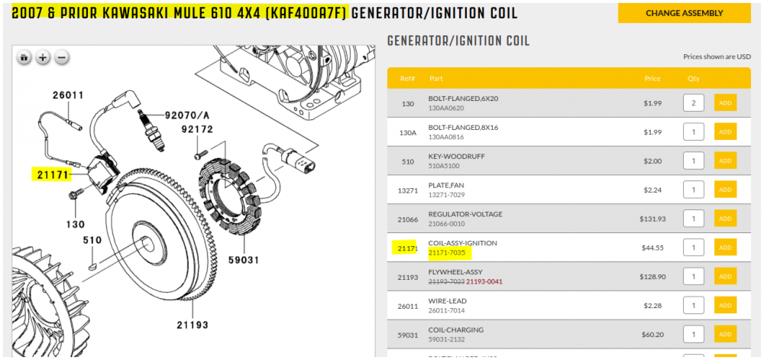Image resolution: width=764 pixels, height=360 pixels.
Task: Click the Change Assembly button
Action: pyautogui.click(x=684, y=13)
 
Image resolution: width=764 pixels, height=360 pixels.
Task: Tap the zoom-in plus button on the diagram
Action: pyautogui.click(x=44, y=57)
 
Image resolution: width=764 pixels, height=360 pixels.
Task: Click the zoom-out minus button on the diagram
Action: pyautogui.click(x=61, y=57)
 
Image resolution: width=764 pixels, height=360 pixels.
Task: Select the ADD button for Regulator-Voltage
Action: pyautogui.click(x=725, y=219)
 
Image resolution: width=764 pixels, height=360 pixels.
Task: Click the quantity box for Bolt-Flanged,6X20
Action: pyautogui.click(x=694, y=102)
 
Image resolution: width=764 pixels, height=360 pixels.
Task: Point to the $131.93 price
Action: pyautogui.click(x=650, y=219)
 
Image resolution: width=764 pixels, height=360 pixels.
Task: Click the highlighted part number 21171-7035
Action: pyautogui.click(x=447, y=253)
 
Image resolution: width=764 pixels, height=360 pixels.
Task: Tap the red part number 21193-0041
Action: pyautogui.click(x=484, y=281)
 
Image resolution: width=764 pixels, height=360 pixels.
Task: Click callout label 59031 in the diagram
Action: pyautogui.click(x=244, y=260)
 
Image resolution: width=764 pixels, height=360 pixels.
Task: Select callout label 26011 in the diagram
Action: pyautogui.click(x=68, y=96)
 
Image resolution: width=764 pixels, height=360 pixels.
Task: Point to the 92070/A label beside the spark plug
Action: pyautogui.click(x=187, y=115)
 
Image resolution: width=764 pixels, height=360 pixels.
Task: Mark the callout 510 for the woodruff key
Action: pyautogui.click(x=92, y=240)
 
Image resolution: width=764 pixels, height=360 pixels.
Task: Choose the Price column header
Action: pyautogui.click(x=652, y=79)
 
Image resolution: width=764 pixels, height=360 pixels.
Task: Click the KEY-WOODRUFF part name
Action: pyautogui.click(x=457, y=157)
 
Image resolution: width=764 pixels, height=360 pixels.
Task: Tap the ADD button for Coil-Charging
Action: pyautogui.click(x=725, y=334)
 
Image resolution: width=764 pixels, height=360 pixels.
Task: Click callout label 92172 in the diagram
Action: pyautogui.click(x=197, y=130)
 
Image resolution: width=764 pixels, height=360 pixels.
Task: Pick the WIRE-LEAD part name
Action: pyautogui.click(x=447, y=301)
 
